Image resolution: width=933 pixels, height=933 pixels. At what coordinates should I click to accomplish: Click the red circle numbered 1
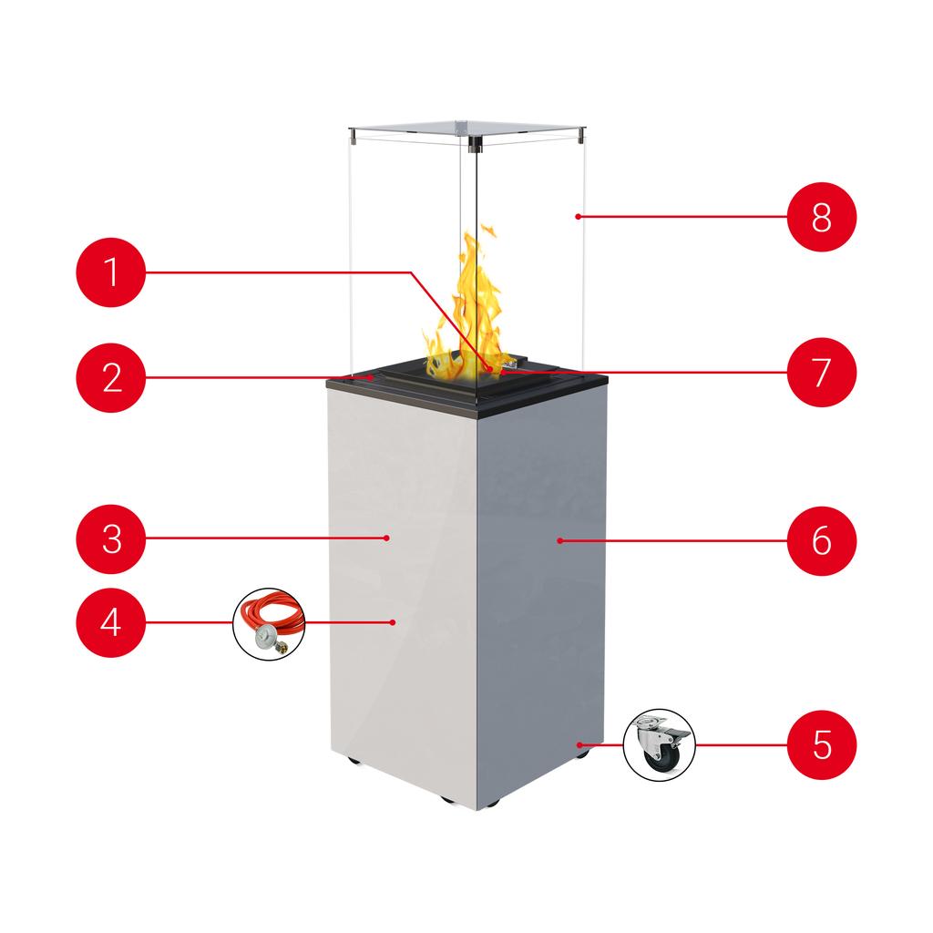111,272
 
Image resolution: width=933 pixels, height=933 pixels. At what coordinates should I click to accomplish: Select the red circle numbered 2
111,376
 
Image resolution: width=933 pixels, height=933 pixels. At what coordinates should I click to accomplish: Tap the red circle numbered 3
111,538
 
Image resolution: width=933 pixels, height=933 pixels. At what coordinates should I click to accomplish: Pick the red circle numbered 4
111,623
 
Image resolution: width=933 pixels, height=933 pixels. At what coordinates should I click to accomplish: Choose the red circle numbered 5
822,743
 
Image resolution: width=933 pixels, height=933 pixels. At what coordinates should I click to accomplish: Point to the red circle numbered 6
822,540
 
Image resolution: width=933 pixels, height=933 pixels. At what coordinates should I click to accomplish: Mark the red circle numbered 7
822,372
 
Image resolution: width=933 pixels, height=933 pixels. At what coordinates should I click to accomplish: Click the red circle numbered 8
822,217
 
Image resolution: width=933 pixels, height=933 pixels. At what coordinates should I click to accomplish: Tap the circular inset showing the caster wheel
659,745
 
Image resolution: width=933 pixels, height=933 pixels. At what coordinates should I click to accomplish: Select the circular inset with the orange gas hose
270,623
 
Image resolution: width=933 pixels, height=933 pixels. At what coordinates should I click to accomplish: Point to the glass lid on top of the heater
465,128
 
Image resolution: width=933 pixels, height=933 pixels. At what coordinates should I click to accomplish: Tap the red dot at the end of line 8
579,217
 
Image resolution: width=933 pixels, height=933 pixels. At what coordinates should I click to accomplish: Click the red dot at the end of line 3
387,538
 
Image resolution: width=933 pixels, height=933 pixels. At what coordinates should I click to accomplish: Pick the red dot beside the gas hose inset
393,622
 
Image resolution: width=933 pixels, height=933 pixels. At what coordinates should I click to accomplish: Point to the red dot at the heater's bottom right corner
579,744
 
